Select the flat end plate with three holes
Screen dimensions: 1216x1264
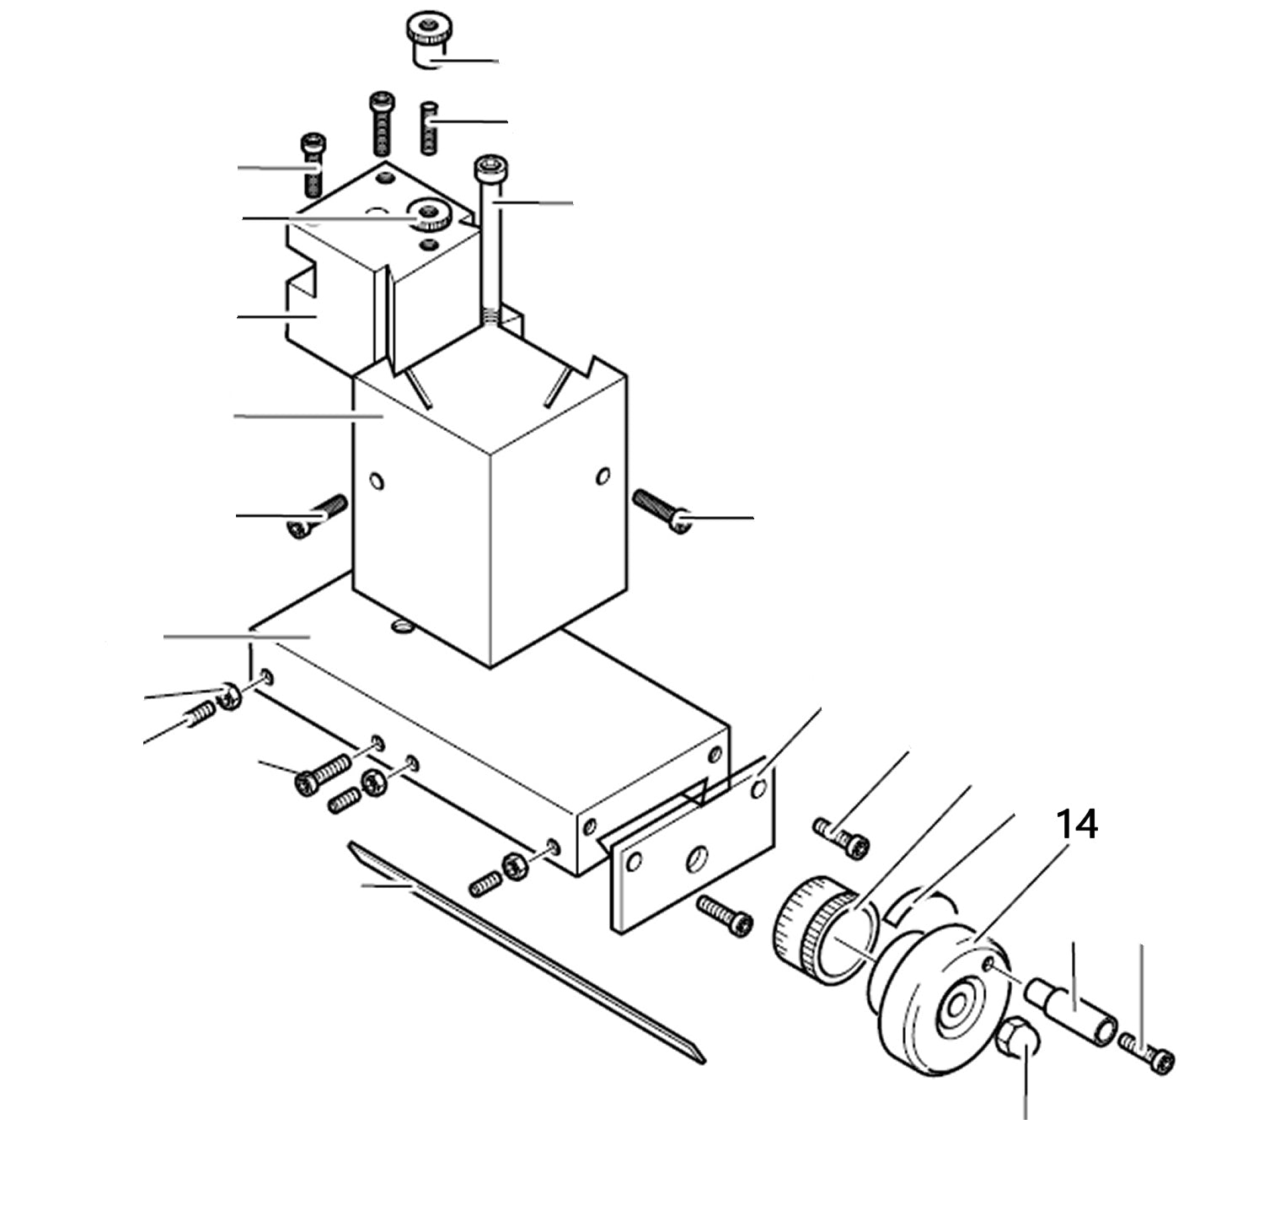pyautogui.click(x=691, y=852)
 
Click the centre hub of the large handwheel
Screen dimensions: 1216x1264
pyautogui.click(x=957, y=1007)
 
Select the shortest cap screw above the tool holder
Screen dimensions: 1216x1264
pyautogui.click(x=313, y=162)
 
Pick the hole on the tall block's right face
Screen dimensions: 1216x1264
pyautogui.click(x=602, y=477)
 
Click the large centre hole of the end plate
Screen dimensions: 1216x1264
pyautogui.click(x=699, y=861)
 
